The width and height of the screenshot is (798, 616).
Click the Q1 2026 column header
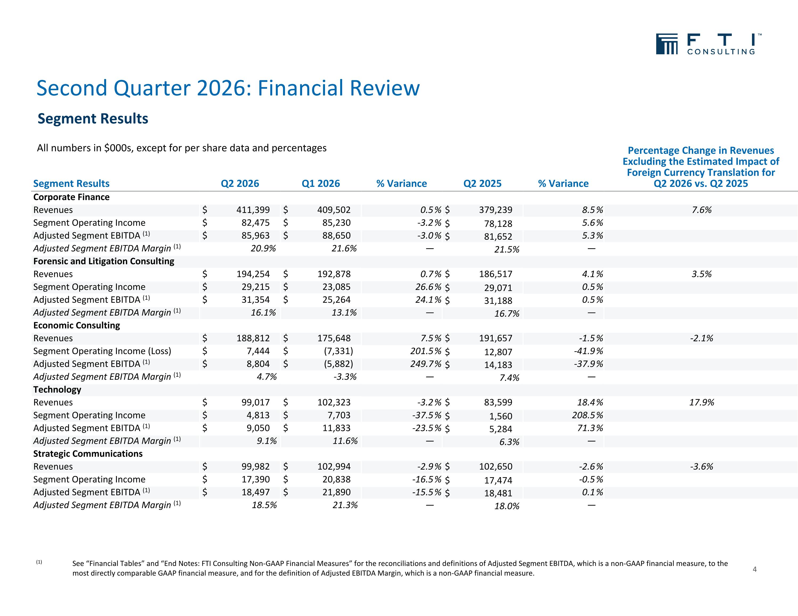(x=321, y=184)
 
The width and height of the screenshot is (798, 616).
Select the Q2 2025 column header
(x=482, y=184)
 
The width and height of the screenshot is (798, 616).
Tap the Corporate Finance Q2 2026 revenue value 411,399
(x=253, y=210)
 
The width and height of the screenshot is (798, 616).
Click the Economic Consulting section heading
(x=76, y=325)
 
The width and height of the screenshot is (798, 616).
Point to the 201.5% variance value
(x=426, y=351)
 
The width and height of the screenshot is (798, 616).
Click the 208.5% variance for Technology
(x=590, y=415)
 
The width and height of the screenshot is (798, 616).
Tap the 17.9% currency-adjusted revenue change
(x=701, y=403)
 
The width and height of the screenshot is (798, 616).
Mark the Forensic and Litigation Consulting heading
(x=104, y=261)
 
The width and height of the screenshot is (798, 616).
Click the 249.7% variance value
(x=426, y=364)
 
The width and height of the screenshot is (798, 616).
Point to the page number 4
(x=755, y=569)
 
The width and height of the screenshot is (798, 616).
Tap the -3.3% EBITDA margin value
(x=345, y=377)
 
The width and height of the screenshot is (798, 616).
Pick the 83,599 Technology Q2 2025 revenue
(x=498, y=403)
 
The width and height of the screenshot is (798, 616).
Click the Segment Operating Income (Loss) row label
(x=102, y=351)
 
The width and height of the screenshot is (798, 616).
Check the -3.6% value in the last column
(x=701, y=466)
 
